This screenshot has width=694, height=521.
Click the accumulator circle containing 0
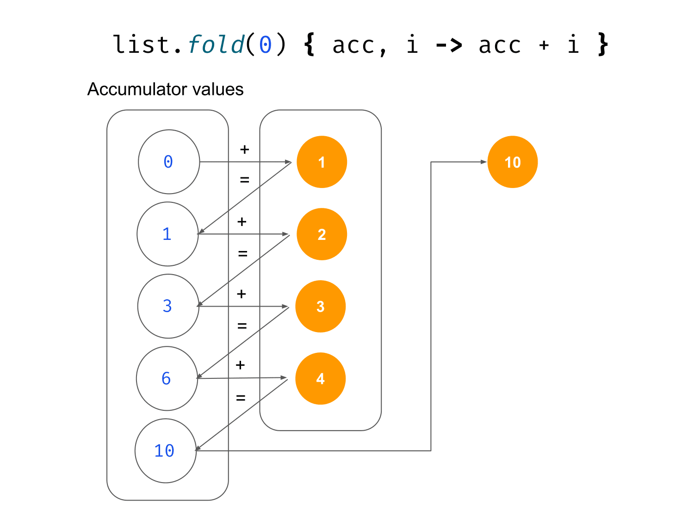click(x=169, y=162)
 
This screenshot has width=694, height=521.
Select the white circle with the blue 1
click(x=167, y=234)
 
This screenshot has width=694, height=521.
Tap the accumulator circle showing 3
click(x=168, y=306)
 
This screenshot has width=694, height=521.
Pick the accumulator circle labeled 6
click(x=167, y=378)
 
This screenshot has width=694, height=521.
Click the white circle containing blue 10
click(x=165, y=451)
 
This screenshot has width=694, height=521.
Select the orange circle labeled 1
click(x=322, y=162)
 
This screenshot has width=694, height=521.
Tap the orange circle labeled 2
click(x=322, y=234)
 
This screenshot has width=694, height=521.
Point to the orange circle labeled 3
click(x=321, y=306)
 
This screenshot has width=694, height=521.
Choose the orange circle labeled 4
click(x=320, y=378)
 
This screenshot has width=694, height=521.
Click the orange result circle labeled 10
click(x=513, y=162)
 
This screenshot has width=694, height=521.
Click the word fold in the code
click(x=216, y=45)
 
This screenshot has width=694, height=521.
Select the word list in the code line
click(x=142, y=45)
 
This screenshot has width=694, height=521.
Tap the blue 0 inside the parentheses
click(x=265, y=45)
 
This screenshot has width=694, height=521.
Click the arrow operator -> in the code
click(x=448, y=45)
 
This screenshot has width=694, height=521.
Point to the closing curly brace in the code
click(x=602, y=44)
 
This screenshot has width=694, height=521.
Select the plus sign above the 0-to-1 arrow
click(x=245, y=150)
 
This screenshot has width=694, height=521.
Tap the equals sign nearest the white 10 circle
click(x=241, y=397)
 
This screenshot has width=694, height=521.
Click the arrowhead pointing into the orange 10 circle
click(x=483, y=162)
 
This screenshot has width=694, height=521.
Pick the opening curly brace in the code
click(x=310, y=44)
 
